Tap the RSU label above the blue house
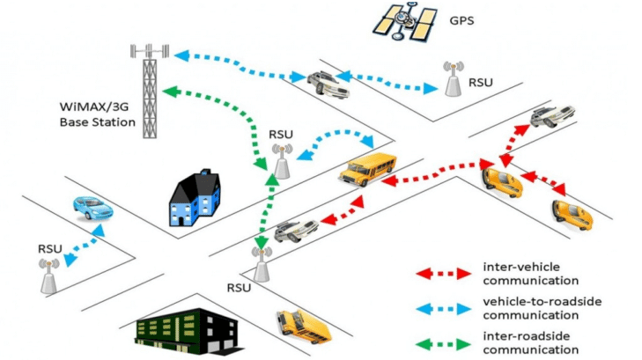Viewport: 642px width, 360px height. tap(281, 135)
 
